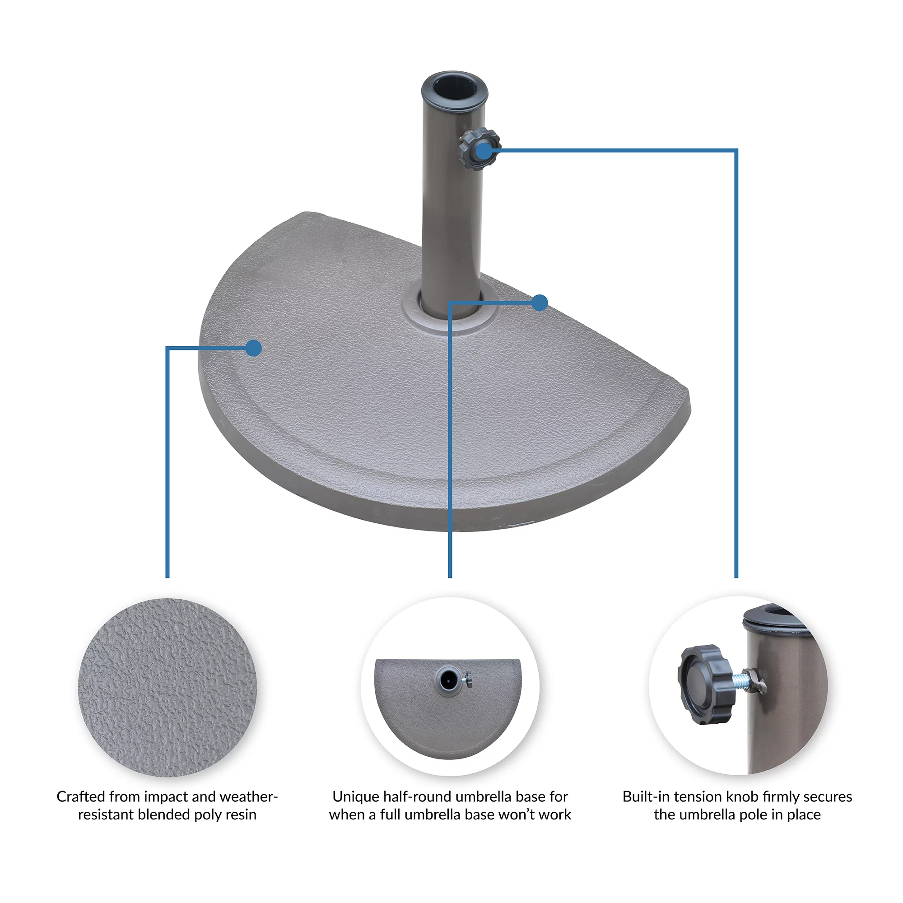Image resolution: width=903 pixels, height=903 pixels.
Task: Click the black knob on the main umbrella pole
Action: pos(479,149)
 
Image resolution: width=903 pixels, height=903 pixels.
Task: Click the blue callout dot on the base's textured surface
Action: pos(253,348)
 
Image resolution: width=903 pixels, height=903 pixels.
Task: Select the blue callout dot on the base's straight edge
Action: pos(540,303)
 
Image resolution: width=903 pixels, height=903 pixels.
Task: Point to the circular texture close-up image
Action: pos(168,687)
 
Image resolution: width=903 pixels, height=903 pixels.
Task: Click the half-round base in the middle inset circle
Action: pos(448,708)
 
